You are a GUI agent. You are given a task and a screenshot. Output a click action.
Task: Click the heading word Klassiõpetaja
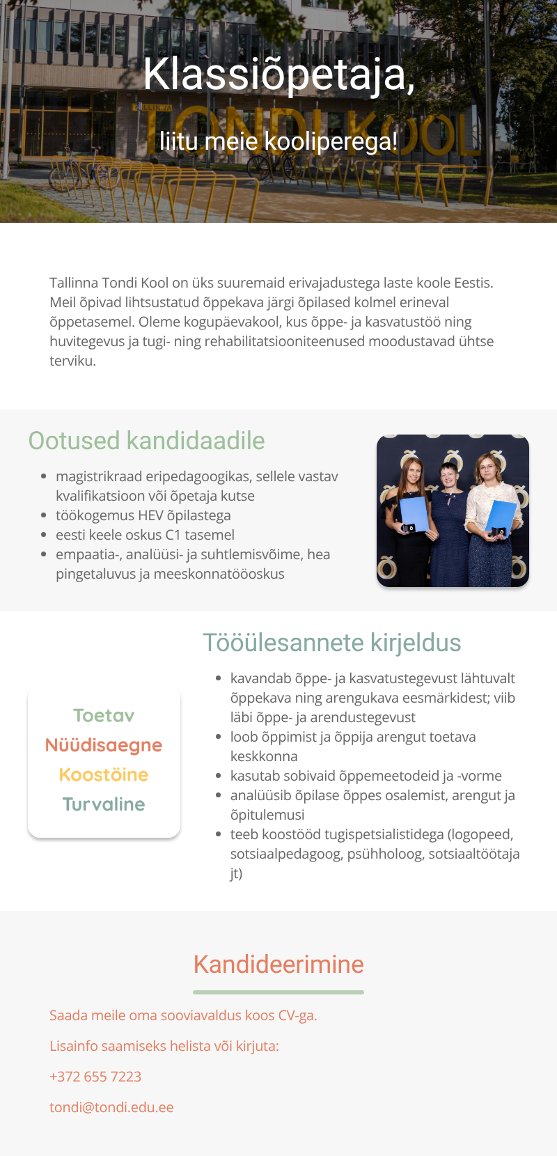click(278, 74)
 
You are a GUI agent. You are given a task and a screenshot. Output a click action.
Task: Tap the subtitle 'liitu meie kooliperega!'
click(278, 141)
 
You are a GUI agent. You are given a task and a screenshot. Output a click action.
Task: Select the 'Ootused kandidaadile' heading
click(146, 441)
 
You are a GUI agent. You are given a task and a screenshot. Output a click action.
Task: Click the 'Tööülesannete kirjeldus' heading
click(331, 643)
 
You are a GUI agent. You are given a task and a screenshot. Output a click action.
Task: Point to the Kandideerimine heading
click(278, 964)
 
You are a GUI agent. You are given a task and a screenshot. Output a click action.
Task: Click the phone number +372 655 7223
click(95, 1077)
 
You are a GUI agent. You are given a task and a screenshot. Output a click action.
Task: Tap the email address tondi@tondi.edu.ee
click(111, 1107)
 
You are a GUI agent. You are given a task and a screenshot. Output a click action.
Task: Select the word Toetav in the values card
click(104, 716)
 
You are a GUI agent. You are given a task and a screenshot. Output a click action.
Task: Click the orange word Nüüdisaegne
click(104, 745)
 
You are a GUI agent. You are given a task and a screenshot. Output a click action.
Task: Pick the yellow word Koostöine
click(104, 775)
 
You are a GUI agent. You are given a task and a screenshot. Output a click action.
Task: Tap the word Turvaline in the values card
click(104, 804)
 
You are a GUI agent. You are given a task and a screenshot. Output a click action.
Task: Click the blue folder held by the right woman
click(501, 515)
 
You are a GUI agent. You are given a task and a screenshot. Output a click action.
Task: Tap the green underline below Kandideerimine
click(278, 992)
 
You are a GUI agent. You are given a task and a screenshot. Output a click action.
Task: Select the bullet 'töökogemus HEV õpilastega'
click(143, 515)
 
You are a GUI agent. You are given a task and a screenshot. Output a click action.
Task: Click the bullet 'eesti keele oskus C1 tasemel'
click(145, 535)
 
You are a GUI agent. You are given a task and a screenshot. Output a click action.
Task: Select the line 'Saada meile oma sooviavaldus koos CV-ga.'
click(183, 1015)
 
